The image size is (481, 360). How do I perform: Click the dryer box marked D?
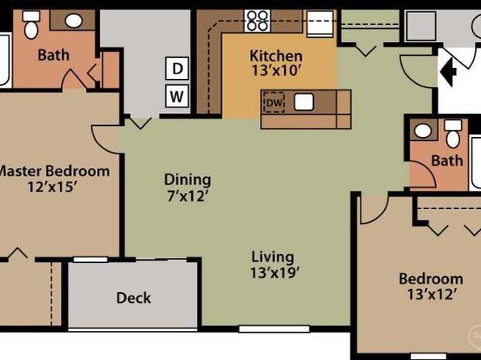pyautogui.click(x=177, y=69)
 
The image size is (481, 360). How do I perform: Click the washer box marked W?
pyautogui.click(x=177, y=96)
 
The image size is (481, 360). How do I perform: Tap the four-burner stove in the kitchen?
pyautogui.click(x=257, y=20)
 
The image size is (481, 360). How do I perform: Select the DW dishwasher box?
pyautogui.click(x=274, y=103)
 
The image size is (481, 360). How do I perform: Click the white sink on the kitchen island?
pyautogui.click(x=303, y=102)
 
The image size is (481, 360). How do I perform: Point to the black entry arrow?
pyautogui.click(x=448, y=72)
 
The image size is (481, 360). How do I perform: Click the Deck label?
pyautogui.click(x=133, y=298)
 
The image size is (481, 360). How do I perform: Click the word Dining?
pyautogui.click(x=187, y=180)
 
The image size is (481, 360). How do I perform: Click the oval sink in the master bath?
pyautogui.click(x=73, y=20)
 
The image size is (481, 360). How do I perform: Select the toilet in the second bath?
pyautogui.click(x=453, y=134)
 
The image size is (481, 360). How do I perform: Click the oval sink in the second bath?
pyautogui.click(x=423, y=131)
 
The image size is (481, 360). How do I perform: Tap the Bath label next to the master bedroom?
pyautogui.click(x=53, y=55)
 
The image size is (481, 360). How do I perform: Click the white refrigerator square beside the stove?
pyautogui.click(x=320, y=24)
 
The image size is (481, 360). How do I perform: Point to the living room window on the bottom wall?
pyautogui.click(x=274, y=329)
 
